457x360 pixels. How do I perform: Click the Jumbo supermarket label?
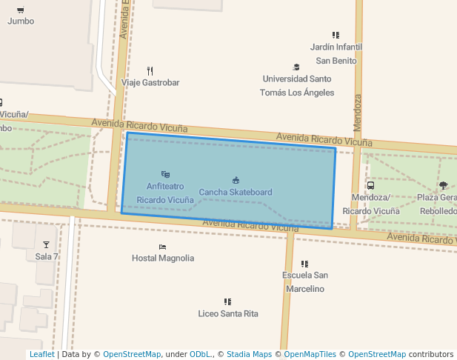(21, 21)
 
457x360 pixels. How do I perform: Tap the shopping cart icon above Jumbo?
(20, 10)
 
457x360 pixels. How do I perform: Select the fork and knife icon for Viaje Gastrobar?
(150, 71)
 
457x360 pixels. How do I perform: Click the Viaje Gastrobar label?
(150, 83)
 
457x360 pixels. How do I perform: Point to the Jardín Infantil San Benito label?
(336, 54)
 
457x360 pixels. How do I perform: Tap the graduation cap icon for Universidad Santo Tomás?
(296, 67)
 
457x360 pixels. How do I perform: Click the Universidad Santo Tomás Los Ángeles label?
(297, 86)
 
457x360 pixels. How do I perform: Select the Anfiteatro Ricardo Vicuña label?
(165, 193)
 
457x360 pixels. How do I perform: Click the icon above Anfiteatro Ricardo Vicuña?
(166, 175)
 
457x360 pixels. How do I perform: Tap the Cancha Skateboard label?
(236, 193)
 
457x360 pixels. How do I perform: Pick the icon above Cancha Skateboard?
(236, 180)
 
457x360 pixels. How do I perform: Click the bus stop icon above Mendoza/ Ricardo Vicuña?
(370, 186)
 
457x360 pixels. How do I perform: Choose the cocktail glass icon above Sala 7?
(46, 245)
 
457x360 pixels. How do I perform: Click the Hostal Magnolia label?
(163, 259)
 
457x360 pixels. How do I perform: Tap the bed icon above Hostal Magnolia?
(162, 247)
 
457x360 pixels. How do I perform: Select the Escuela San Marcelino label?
(304, 282)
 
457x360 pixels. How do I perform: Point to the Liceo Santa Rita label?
(228, 314)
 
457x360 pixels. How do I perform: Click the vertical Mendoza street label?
(358, 109)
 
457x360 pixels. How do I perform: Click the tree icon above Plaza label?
(443, 186)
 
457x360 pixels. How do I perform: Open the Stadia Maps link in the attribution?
(249, 355)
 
